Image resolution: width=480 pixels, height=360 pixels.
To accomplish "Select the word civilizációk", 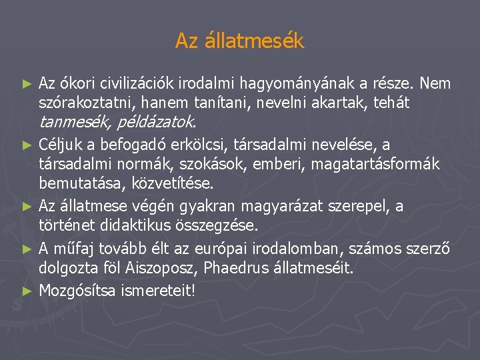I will pos(141,84).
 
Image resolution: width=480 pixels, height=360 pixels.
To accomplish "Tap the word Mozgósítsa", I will pos(79,291).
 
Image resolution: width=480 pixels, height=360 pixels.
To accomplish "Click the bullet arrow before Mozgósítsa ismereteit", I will pos(27,291).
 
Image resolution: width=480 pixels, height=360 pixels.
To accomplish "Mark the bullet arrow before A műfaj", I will pos(27,249).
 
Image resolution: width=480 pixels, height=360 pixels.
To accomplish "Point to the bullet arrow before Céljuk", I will pos(27,145).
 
